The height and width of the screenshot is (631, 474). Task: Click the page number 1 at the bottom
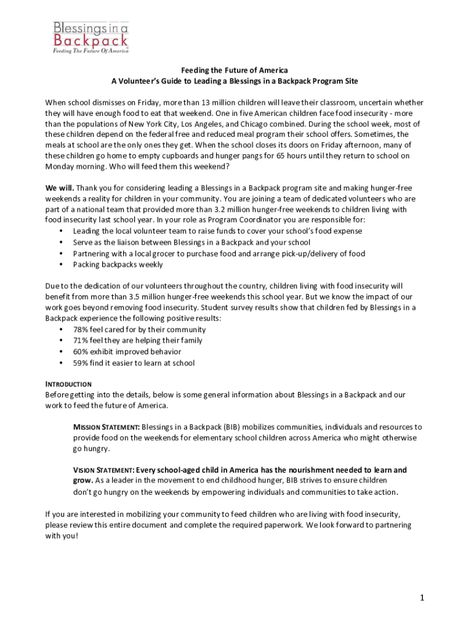click(423, 597)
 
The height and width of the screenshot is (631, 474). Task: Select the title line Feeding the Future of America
click(234, 70)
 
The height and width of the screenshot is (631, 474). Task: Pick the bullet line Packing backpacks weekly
click(118, 264)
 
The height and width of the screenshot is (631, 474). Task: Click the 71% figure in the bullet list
click(81, 341)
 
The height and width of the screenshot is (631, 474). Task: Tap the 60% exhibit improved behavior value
click(81, 352)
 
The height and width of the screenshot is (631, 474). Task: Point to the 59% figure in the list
click(81, 363)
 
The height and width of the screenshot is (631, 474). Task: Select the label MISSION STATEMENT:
click(106, 427)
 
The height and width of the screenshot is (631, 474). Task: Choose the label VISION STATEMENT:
click(103, 470)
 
